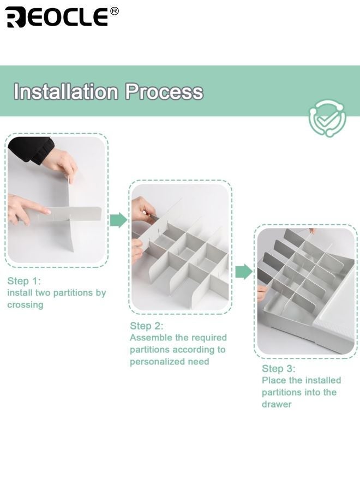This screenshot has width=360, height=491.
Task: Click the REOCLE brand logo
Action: click(x=57, y=17)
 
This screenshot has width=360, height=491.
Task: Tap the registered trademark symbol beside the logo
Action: click(x=115, y=11)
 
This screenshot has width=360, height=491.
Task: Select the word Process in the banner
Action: click(x=164, y=92)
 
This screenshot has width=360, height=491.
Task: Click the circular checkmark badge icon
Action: click(x=327, y=118)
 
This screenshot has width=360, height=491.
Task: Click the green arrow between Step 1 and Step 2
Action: click(x=119, y=220)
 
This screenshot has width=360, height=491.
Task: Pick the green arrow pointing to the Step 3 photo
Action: click(x=244, y=272)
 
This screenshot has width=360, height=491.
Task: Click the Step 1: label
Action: click(x=24, y=281)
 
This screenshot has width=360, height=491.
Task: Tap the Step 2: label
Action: click(x=147, y=326)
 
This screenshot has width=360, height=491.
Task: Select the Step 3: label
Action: click(x=278, y=369)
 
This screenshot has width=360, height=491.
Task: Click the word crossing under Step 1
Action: click(x=25, y=305)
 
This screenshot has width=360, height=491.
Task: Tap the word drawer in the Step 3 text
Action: click(x=277, y=404)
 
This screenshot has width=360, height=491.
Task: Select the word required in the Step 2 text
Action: click(x=210, y=338)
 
